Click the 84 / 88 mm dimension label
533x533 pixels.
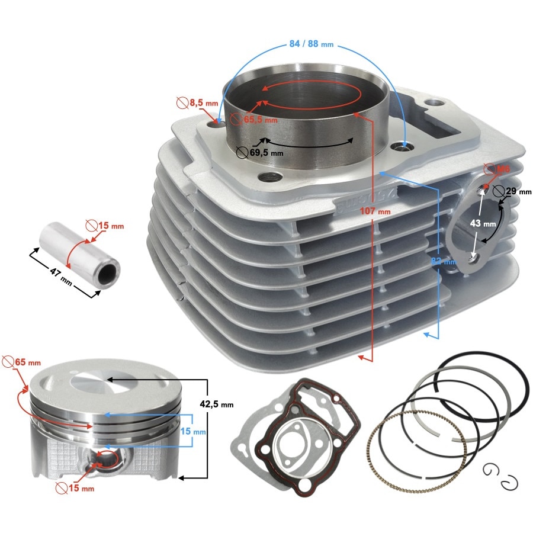(310, 45)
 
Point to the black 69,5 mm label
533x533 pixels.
(265, 152)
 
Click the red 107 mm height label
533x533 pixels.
(375, 211)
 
